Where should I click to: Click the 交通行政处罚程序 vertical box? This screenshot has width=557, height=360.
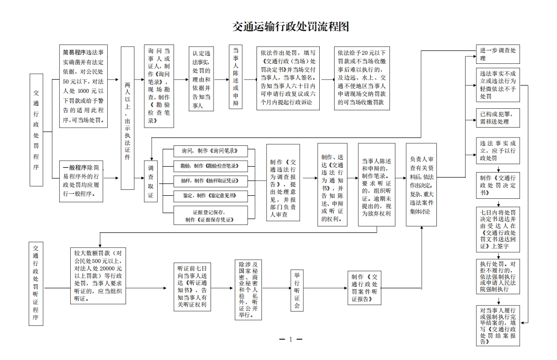click(x=36, y=130)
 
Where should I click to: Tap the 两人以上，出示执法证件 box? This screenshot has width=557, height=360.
click(x=127, y=118)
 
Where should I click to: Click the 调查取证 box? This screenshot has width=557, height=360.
click(x=151, y=181)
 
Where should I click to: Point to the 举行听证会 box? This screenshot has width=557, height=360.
click(x=297, y=291)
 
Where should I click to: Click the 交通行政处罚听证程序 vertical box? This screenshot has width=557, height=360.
click(x=36, y=282)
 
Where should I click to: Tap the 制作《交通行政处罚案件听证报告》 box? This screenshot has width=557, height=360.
click(x=366, y=288)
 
